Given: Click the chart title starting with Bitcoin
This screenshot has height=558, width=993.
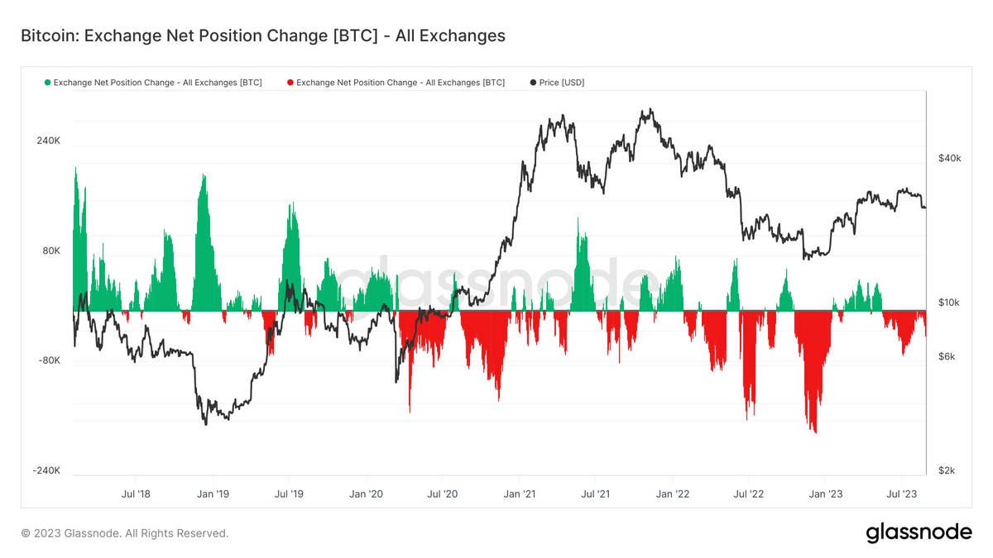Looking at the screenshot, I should (262, 36).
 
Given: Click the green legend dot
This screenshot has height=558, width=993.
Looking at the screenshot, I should (47, 83).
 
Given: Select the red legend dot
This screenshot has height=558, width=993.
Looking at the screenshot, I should (290, 83).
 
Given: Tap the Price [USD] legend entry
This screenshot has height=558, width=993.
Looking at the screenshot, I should (561, 83).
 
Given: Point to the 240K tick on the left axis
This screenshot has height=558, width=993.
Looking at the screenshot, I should (48, 141).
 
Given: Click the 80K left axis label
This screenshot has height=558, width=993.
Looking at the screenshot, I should (50, 250).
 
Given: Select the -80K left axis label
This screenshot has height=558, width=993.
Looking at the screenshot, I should (49, 360).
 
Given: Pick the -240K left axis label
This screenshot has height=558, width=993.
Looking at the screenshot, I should (46, 470).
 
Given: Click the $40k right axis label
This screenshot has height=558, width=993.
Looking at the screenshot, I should (949, 158).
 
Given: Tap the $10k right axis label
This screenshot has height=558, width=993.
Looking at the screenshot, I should (949, 303).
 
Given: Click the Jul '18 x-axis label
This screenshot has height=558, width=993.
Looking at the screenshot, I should (137, 494).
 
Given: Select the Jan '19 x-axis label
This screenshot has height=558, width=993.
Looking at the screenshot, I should (213, 494).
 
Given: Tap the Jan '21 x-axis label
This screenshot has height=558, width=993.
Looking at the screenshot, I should (518, 494).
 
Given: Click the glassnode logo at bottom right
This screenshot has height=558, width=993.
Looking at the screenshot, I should (919, 533).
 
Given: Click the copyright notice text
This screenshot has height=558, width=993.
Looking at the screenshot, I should (125, 533).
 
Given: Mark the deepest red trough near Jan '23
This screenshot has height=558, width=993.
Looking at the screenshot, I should (816, 431).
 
